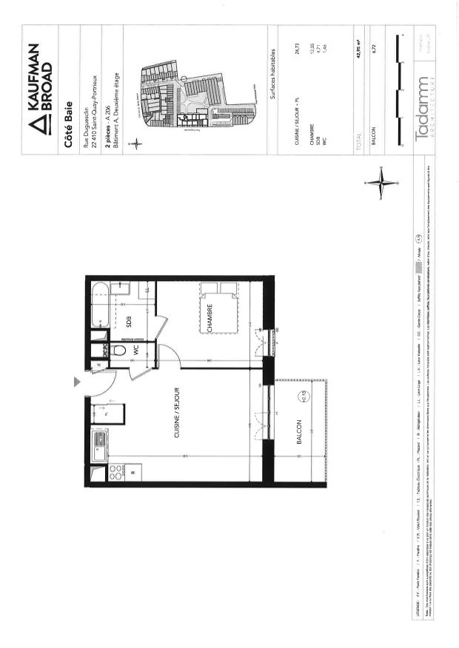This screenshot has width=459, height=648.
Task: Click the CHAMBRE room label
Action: [x=210, y=317]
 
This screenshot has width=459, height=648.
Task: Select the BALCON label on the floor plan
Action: [x=300, y=435]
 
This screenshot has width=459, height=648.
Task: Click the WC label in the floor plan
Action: [x=136, y=351]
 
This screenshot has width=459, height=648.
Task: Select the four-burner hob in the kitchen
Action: [x=115, y=472]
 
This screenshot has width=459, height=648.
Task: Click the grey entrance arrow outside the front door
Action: [x=77, y=382]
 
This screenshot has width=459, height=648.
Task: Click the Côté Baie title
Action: [x=68, y=126]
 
